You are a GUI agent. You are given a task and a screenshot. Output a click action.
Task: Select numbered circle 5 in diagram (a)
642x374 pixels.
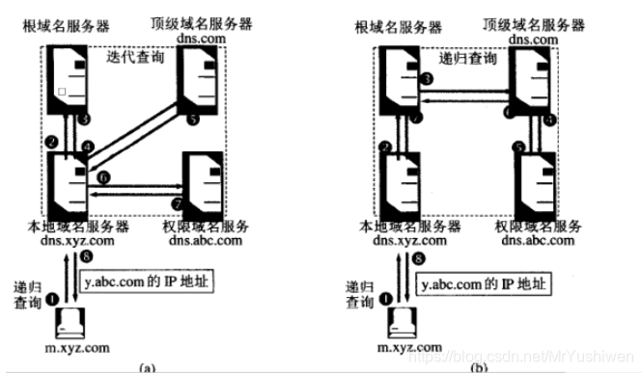193,120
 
